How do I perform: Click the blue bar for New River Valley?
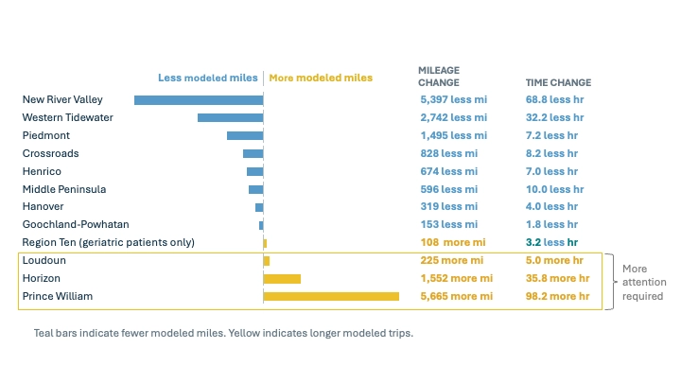pos(199,100)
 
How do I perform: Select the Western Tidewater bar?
pos(230,117)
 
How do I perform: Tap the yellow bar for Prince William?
pos(331,296)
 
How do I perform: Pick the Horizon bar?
pos(282,279)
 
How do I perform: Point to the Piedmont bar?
pos(245,135)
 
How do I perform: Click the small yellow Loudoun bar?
pos(267,261)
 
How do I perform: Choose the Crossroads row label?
pos(50,153)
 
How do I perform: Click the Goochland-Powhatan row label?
pos(76,224)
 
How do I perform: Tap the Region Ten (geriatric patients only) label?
pos(108,242)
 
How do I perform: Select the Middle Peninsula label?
pos(64,189)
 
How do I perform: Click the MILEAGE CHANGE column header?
pos(439,77)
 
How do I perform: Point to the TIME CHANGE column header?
pos(559,82)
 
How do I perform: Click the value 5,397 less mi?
pos(453,99)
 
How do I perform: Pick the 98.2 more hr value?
pos(557,296)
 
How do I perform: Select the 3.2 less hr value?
pos(551,242)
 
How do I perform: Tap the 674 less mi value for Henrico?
pos(448,171)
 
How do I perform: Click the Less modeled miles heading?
pos(207,78)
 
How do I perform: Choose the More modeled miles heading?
pos(321,78)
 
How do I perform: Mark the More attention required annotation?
pos(644,282)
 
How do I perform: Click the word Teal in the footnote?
pos(44,333)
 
